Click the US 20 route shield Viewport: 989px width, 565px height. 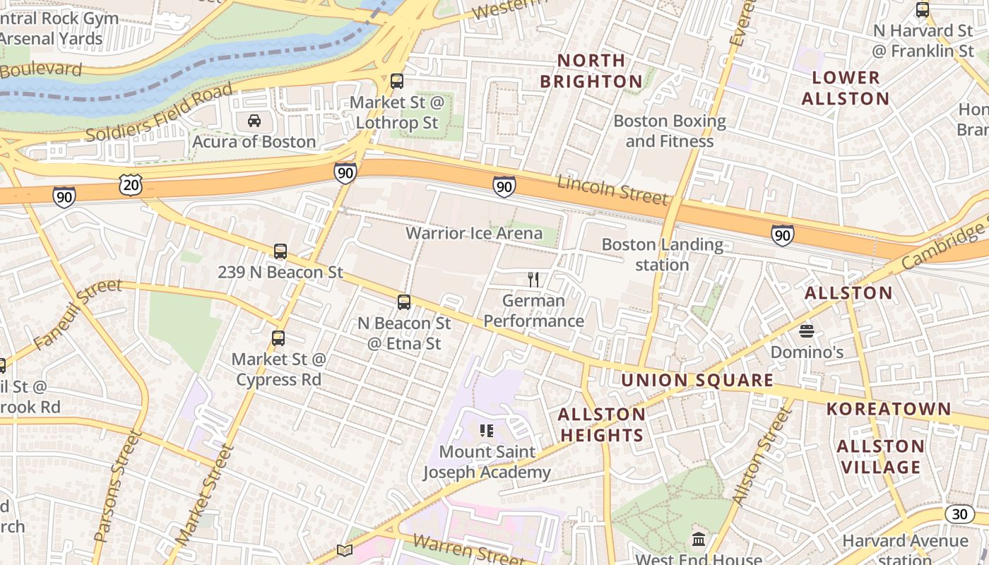[131, 185]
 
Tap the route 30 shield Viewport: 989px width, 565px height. [959, 514]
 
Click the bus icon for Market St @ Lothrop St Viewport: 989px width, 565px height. [397, 81]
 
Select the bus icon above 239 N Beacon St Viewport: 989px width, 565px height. [280, 251]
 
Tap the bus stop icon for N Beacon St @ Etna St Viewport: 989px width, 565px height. [404, 302]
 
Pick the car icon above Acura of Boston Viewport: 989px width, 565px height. [254, 121]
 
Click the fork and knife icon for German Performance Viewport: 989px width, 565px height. [533, 280]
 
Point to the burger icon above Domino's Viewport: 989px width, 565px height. [807, 331]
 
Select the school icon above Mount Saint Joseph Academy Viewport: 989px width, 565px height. [486, 430]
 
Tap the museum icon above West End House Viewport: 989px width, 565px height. [699, 540]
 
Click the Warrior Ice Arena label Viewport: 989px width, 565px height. [474, 233]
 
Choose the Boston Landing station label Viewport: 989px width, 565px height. [662, 255]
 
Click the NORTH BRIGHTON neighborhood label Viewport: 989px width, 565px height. [591, 71]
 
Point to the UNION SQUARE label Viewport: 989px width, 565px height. [697, 380]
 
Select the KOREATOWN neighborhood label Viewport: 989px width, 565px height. [889, 409]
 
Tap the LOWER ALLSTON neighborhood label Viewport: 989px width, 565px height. [845, 88]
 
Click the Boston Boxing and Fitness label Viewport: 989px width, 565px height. [670, 131]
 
